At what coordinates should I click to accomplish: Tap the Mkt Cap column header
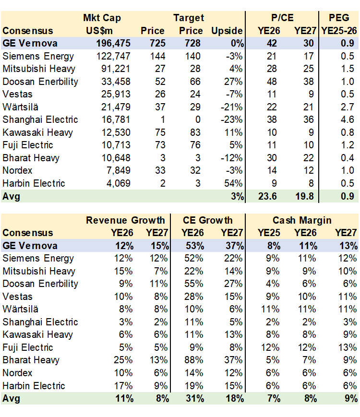click(x=102, y=18)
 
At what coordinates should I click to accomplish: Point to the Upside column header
click(x=227, y=31)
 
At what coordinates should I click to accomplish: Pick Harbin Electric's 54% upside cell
click(x=235, y=183)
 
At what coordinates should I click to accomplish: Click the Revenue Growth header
click(x=125, y=220)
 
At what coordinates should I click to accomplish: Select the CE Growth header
click(x=207, y=220)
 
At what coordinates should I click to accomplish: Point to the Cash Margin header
click(x=302, y=220)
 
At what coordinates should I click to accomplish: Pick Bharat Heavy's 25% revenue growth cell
click(x=124, y=360)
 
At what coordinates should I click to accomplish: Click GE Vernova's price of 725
click(x=156, y=43)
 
